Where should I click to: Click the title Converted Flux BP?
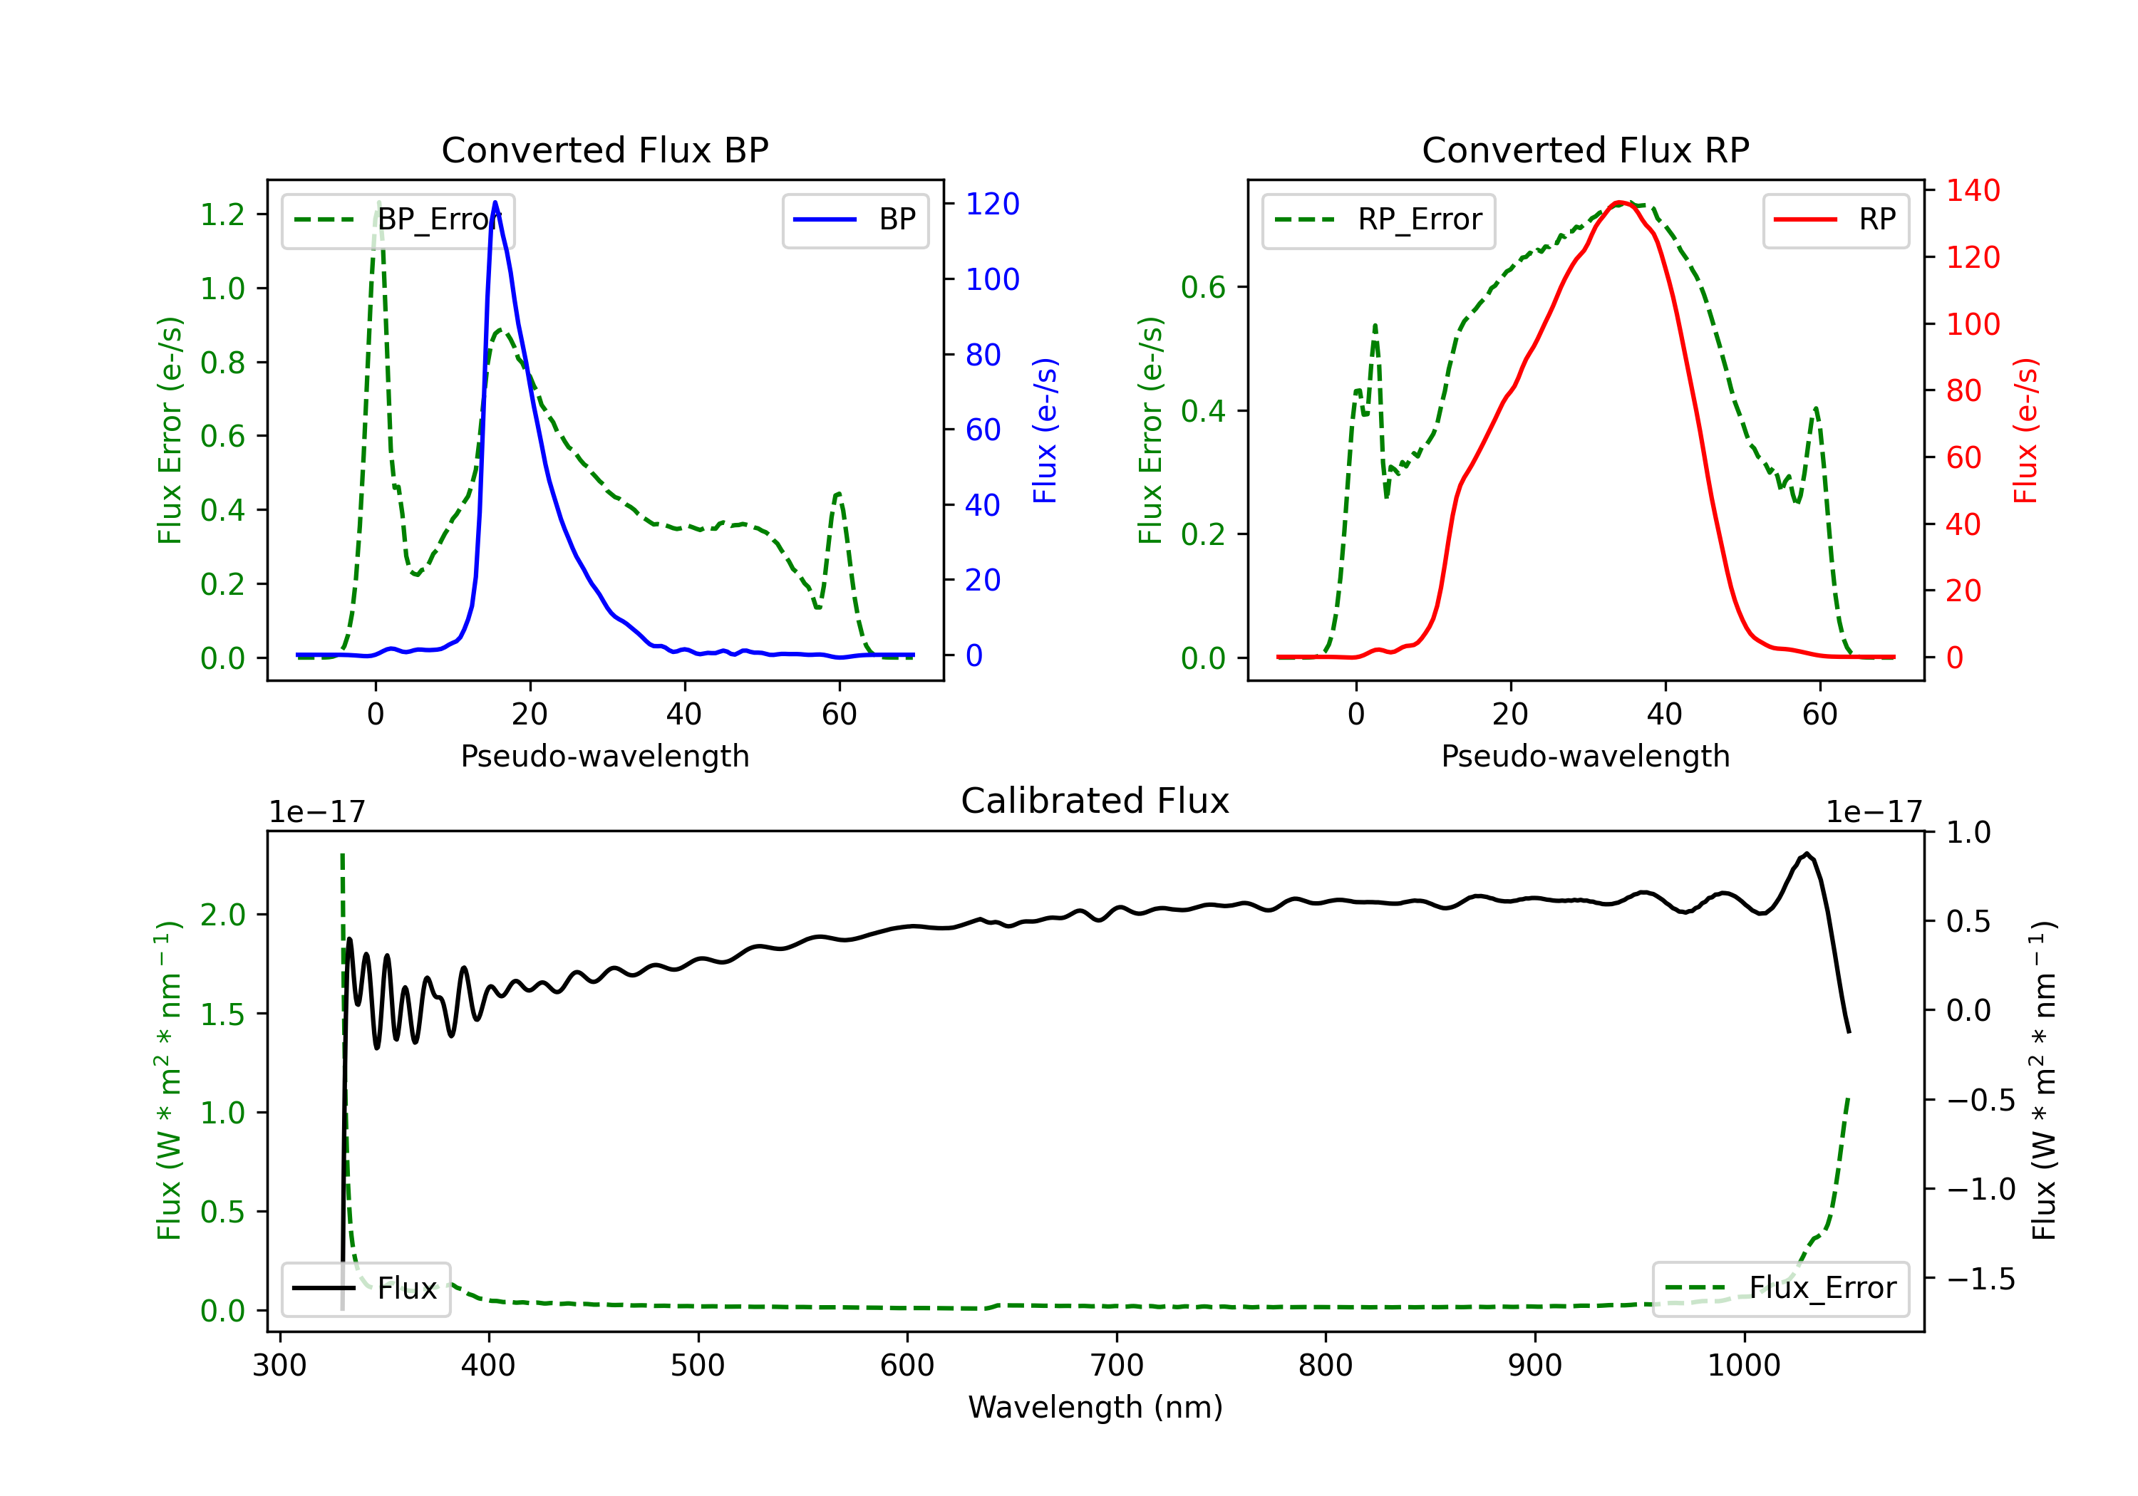point(604,150)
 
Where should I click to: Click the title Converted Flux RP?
point(1585,150)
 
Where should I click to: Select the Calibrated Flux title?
point(1095,801)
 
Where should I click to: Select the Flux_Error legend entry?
point(1780,1289)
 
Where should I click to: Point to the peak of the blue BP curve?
point(495,202)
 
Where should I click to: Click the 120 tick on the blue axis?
point(992,204)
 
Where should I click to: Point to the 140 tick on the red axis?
point(1972,191)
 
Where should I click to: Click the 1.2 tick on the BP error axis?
point(222,215)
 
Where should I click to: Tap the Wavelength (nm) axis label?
point(1095,1408)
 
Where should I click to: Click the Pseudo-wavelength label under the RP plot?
point(1585,756)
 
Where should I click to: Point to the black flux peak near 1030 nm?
point(1807,853)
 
